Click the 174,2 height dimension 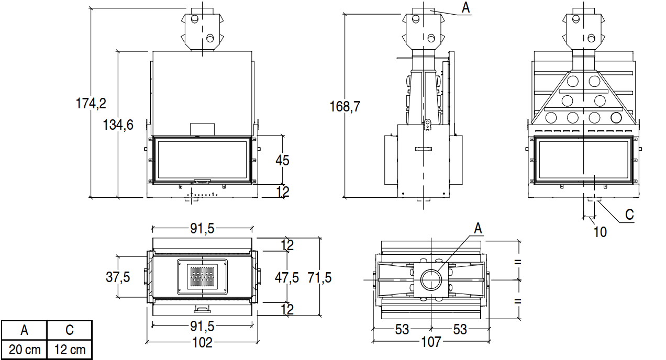(x=91, y=103)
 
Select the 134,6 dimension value (x=118, y=125)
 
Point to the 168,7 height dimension (x=345, y=107)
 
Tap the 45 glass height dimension (x=282, y=160)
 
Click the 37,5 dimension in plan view (x=118, y=277)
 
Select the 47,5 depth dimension (x=287, y=277)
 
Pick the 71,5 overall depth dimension (x=319, y=277)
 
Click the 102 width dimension (x=202, y=342)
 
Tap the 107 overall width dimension (x=432, y=342)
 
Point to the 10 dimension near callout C (x=600, y=231)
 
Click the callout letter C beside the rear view (x=629, y=215)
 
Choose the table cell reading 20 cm (x=24, y=350)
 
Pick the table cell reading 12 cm (x=69, y=350)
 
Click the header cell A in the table (x=24, y=331)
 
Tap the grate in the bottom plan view (x=202, y=277)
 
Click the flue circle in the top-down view (x=431, y=278)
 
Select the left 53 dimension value (x=402, y=330)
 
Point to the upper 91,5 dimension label (x=202, y=228)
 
